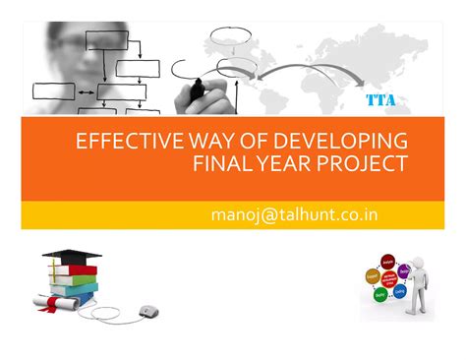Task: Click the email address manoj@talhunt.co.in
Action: click(294, 213)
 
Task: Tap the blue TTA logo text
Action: click(381, 99)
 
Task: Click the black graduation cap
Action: click(71, 257)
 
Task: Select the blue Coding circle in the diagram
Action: click(401, 290)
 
